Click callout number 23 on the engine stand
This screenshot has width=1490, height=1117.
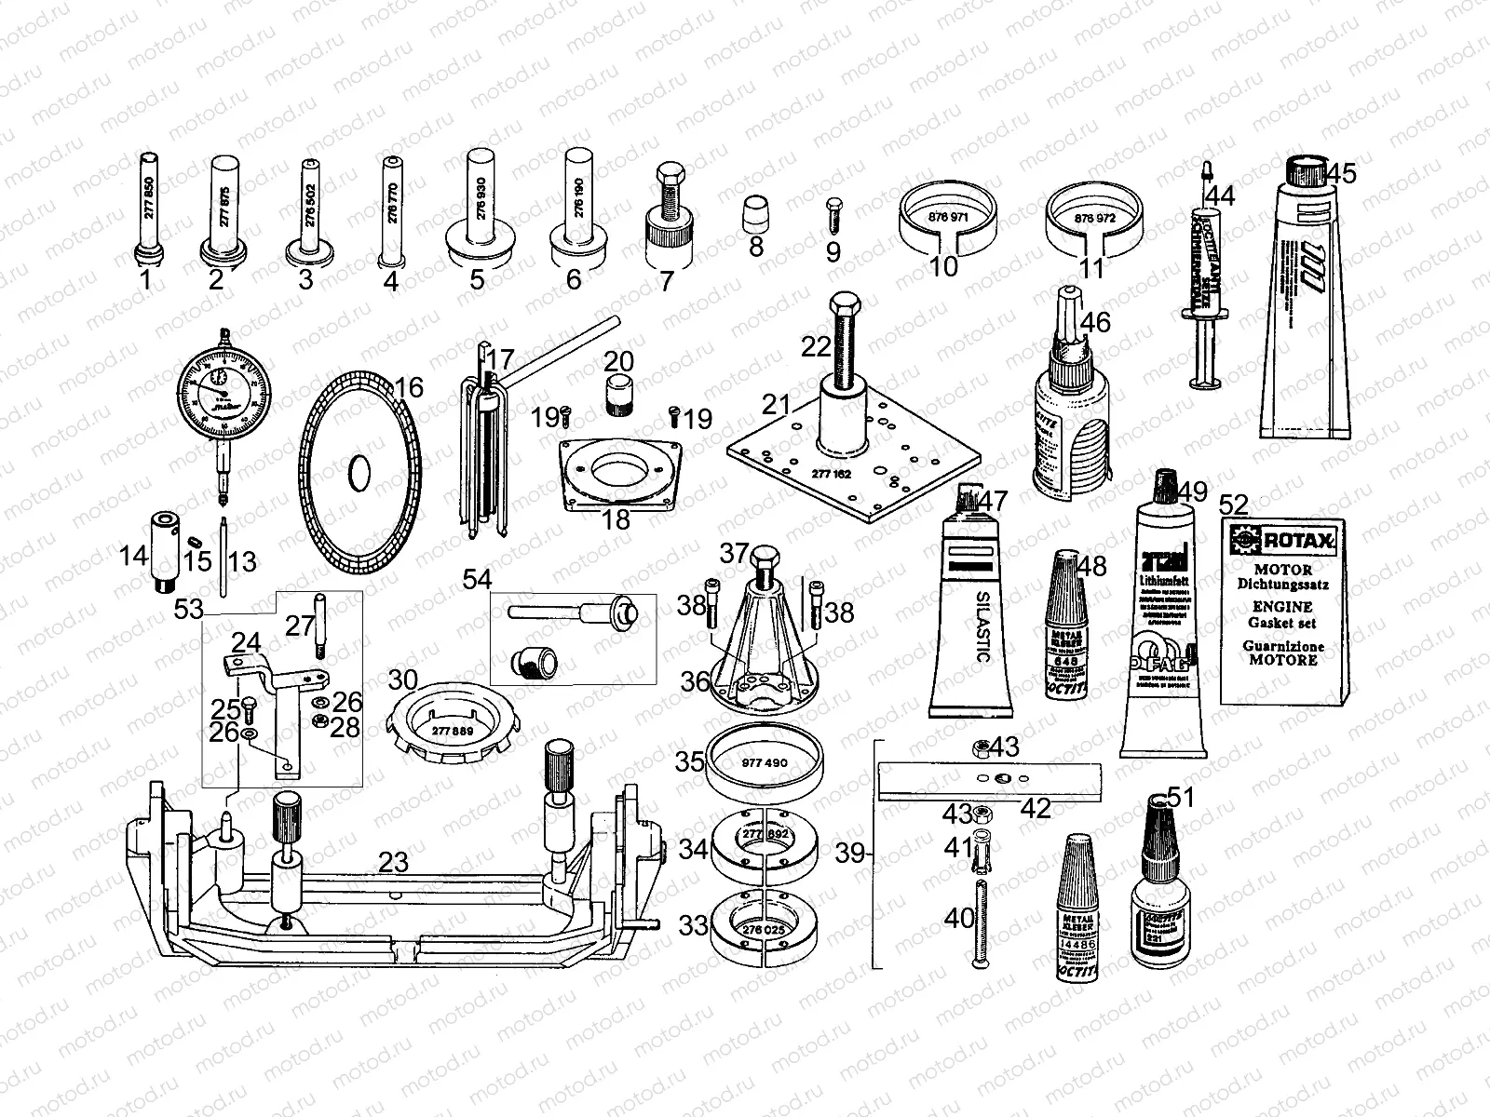click(393, 862)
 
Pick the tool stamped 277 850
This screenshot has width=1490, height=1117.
click(148, 209)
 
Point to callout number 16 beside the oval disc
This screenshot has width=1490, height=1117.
click(410, 387)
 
